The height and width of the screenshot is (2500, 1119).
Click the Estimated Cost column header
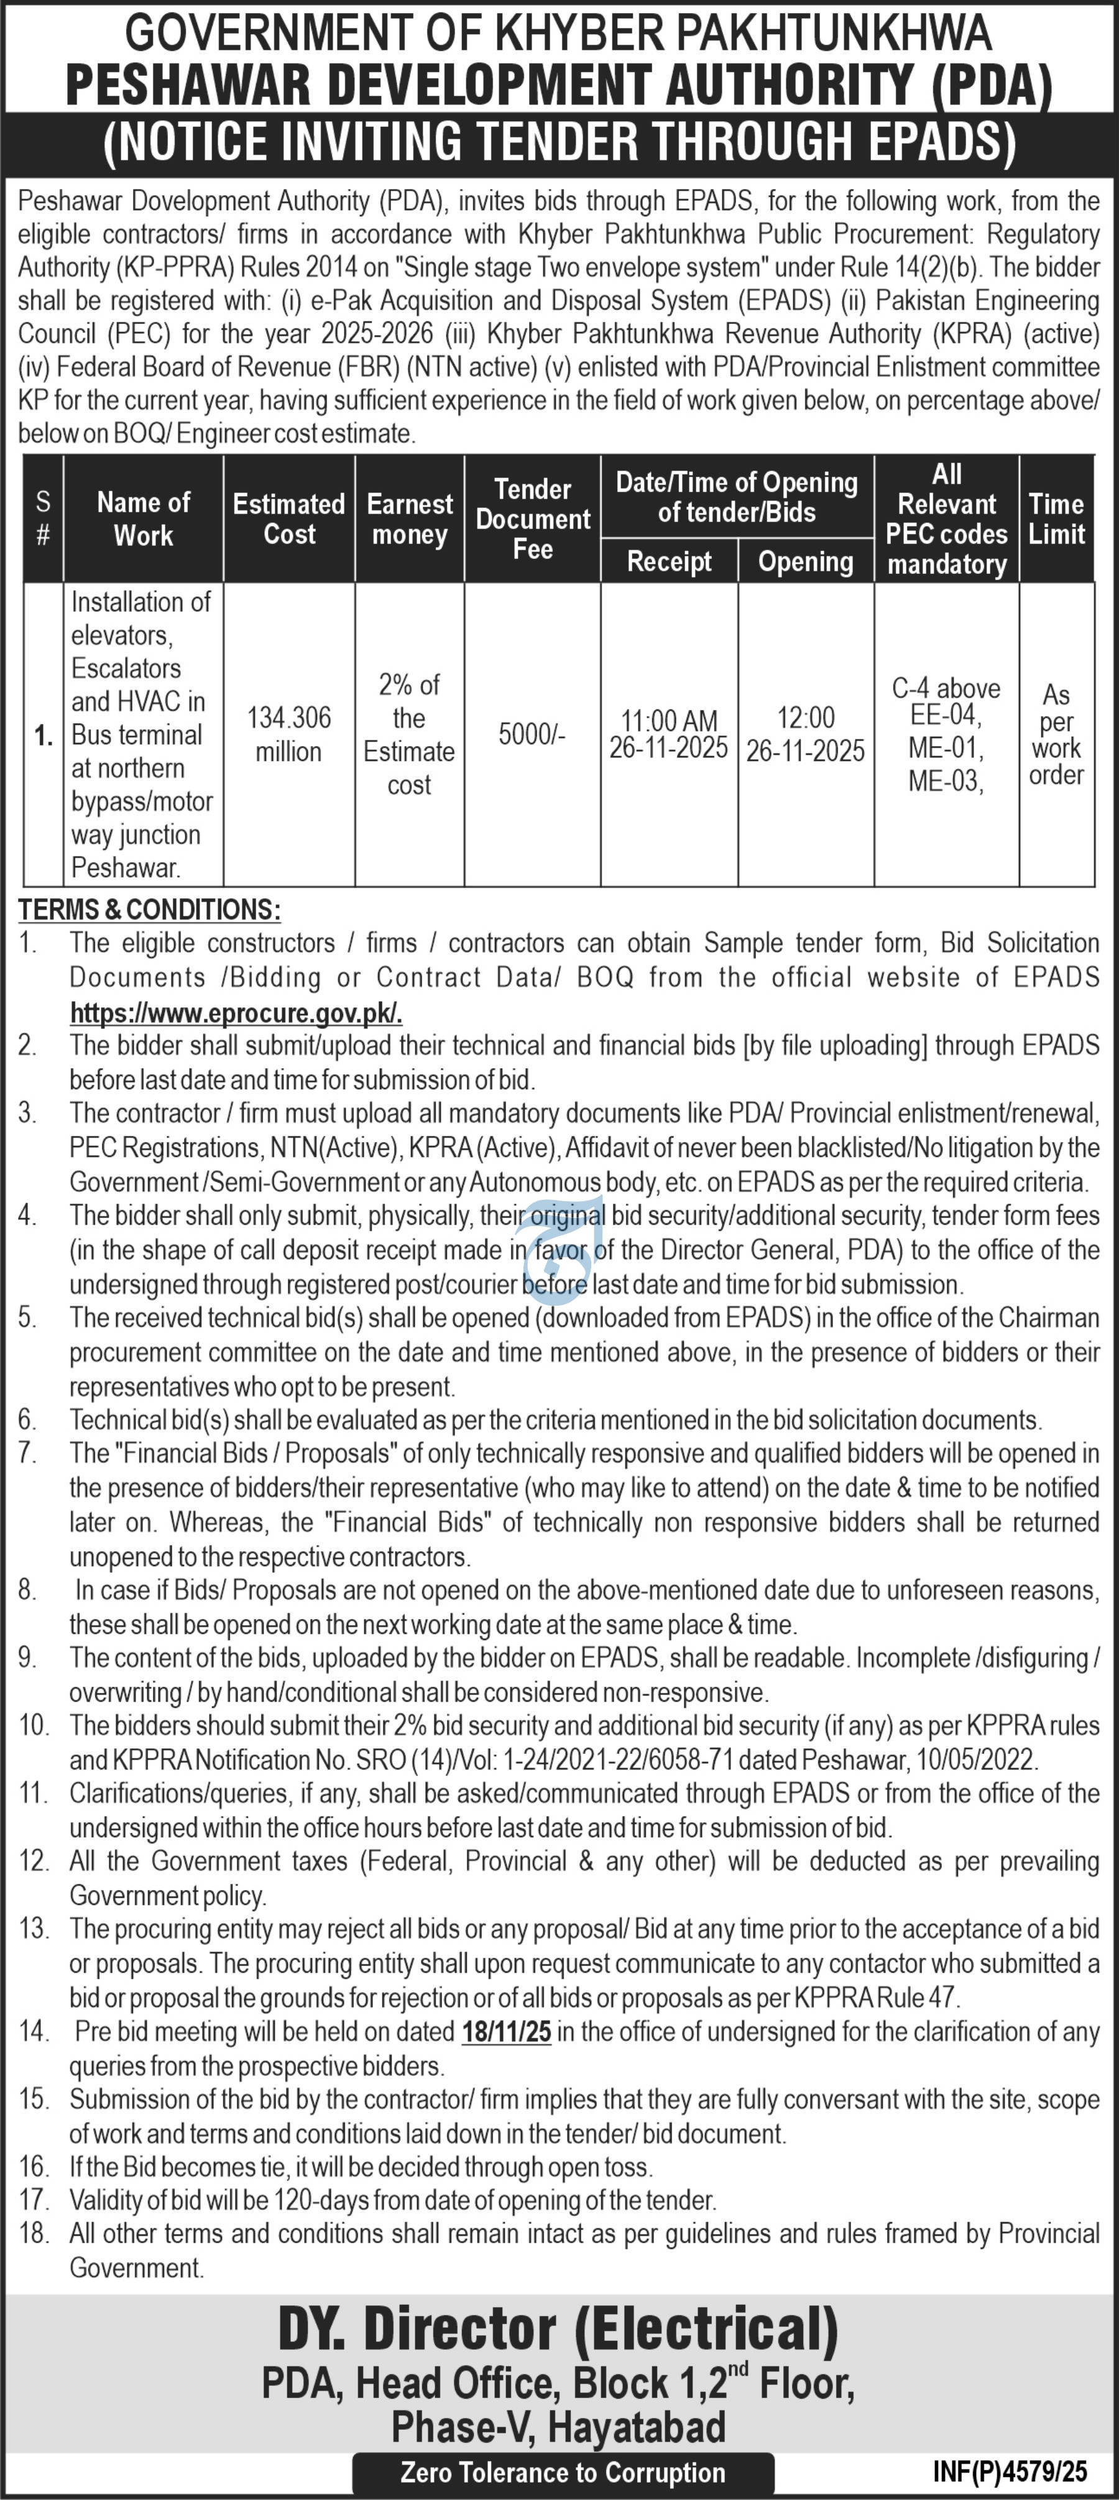288,519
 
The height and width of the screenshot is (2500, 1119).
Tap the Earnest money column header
410,519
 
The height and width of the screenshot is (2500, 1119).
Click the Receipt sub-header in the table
669,561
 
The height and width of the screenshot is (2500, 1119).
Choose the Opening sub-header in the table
806,561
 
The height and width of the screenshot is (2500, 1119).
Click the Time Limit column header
1056,519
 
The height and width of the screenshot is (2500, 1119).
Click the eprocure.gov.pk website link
236,1013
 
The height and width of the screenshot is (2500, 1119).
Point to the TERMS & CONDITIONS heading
149,910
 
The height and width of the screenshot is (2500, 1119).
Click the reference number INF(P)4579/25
1010,2471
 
